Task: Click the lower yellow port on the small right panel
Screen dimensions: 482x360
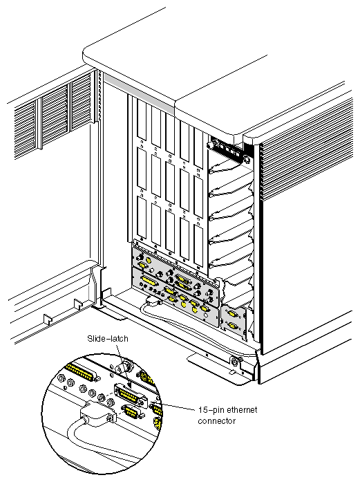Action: [x=233, y=325]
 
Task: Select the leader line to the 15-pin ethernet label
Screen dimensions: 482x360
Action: [x=174, y=409]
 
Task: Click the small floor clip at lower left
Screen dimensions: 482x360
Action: [x=46, y=319]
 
